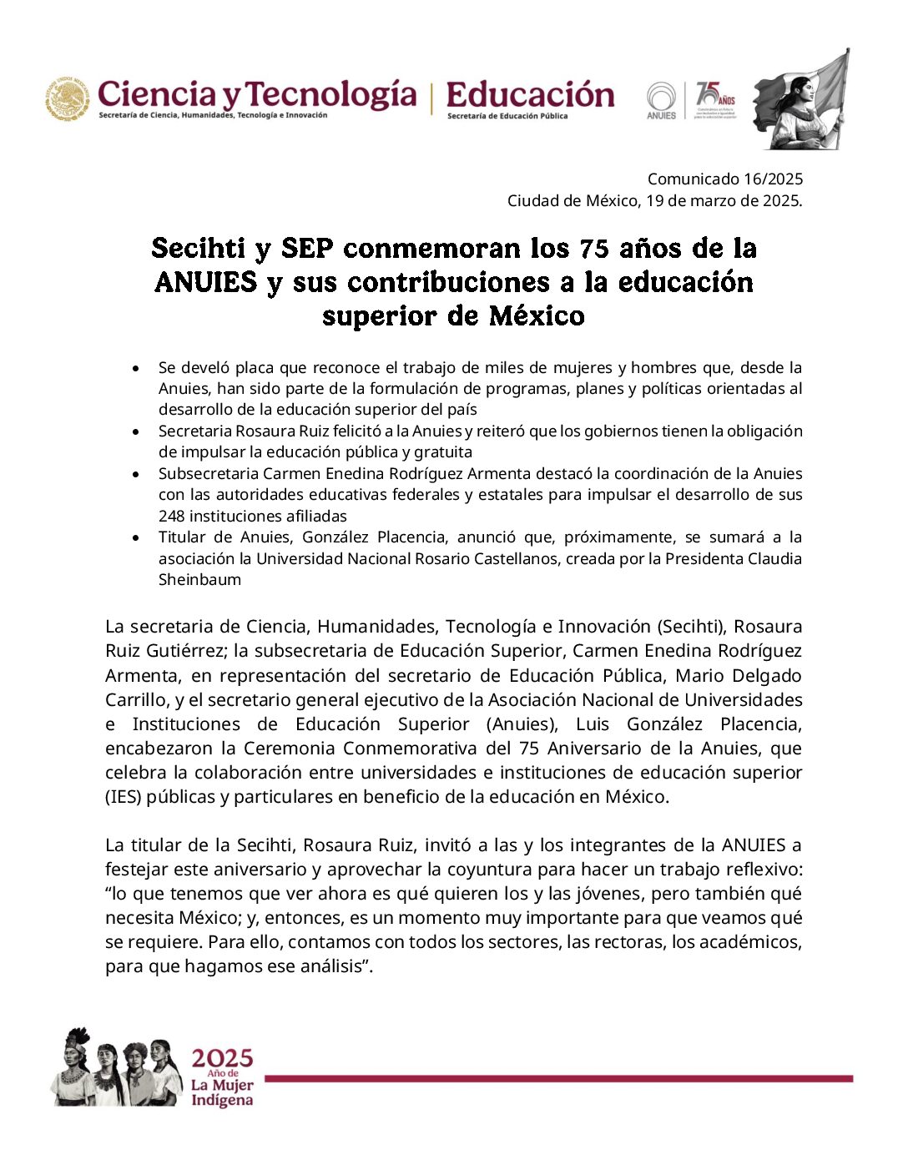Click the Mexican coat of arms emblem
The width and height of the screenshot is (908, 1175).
pos(68,98)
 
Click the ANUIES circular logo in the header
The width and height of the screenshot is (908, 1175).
pos(661,99)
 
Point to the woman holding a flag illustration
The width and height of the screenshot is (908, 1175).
pos(801,100)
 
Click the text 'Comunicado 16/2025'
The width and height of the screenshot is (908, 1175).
pos(724,179)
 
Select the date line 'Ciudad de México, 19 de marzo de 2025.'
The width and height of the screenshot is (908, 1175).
pos(654,200)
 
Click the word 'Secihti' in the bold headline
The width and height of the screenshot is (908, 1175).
pos(198,248)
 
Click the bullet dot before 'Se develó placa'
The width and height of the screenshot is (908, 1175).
pos(135,367)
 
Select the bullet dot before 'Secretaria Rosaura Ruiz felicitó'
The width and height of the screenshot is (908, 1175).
pos(135,431)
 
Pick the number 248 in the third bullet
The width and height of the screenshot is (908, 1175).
pos(172,516)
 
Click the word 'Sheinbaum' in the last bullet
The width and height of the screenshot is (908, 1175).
pos(199,579)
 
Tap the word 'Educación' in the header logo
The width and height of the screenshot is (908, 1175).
pos(530,94)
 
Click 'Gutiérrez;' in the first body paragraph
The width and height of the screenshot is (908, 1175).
pos(184,650)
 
